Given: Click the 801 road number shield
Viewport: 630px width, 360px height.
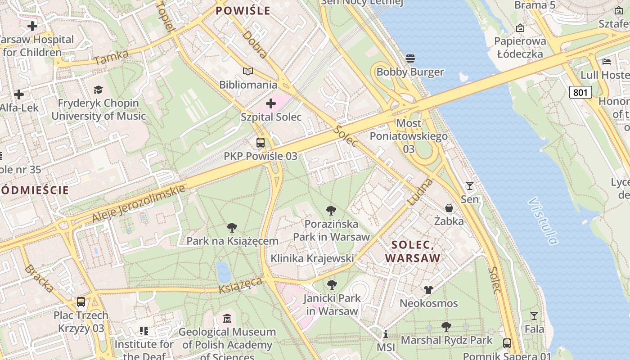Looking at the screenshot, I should (580, 92).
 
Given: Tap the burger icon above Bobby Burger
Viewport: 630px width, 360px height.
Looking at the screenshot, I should (410, 58).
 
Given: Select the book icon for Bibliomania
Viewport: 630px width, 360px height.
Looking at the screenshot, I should (248, 71).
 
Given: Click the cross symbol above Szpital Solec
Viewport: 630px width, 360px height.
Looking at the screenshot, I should (271, 104).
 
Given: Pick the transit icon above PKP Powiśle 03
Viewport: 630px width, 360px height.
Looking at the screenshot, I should (260, 143).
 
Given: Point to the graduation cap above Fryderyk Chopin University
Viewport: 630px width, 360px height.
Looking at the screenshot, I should (98, 90).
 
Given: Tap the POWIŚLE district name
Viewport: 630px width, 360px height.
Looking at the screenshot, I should (243, 11).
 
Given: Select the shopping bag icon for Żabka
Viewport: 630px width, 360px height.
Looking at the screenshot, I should (449, 207).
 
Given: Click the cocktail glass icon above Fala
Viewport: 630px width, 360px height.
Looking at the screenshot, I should (534, 316).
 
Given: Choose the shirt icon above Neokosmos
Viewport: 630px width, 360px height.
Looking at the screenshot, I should (428, 290).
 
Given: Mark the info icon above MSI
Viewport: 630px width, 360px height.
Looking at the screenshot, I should (385, 334).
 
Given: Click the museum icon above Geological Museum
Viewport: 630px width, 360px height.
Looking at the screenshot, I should (227, 319).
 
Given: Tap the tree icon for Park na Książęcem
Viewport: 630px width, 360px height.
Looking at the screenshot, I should (232, 228).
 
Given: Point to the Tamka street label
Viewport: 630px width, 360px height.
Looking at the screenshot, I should (112, 57).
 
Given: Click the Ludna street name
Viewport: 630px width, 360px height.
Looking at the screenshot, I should (420, 192).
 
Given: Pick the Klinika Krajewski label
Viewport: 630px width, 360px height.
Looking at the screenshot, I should (312, 258).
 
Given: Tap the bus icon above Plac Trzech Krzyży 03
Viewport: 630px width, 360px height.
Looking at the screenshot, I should (81, 302).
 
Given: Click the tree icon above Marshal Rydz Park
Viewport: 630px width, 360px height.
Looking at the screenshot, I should (446, 327).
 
